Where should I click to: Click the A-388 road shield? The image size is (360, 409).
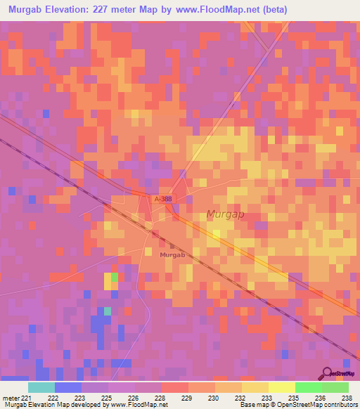[163, 200]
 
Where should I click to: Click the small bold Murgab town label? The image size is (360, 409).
[172, 255]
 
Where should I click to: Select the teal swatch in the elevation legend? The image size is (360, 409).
[41, 387]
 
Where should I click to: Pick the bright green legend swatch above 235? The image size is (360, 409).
[309, 387]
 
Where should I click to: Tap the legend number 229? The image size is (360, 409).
[186, 398]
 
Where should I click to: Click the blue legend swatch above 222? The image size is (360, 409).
[68, 387]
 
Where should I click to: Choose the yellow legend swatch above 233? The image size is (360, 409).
[255, 387]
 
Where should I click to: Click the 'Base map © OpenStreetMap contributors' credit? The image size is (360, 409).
[297, 405]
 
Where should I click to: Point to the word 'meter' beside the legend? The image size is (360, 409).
[10, 398]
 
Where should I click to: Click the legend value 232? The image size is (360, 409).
[239, 398]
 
